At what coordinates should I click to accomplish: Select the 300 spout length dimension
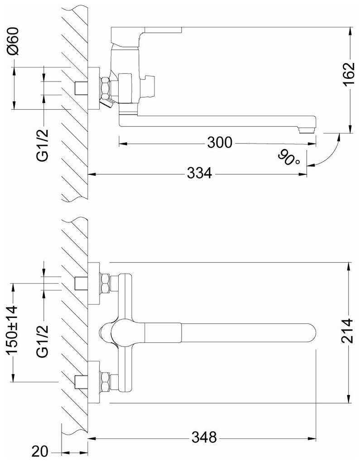220,143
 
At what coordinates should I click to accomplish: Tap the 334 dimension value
199,173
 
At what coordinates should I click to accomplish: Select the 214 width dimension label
348,332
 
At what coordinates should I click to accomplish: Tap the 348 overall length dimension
204,438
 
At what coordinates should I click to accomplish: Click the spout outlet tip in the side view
307,130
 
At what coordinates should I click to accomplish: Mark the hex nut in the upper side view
106,87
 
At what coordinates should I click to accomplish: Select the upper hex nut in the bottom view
105,284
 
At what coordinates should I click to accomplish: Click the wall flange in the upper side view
94,89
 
